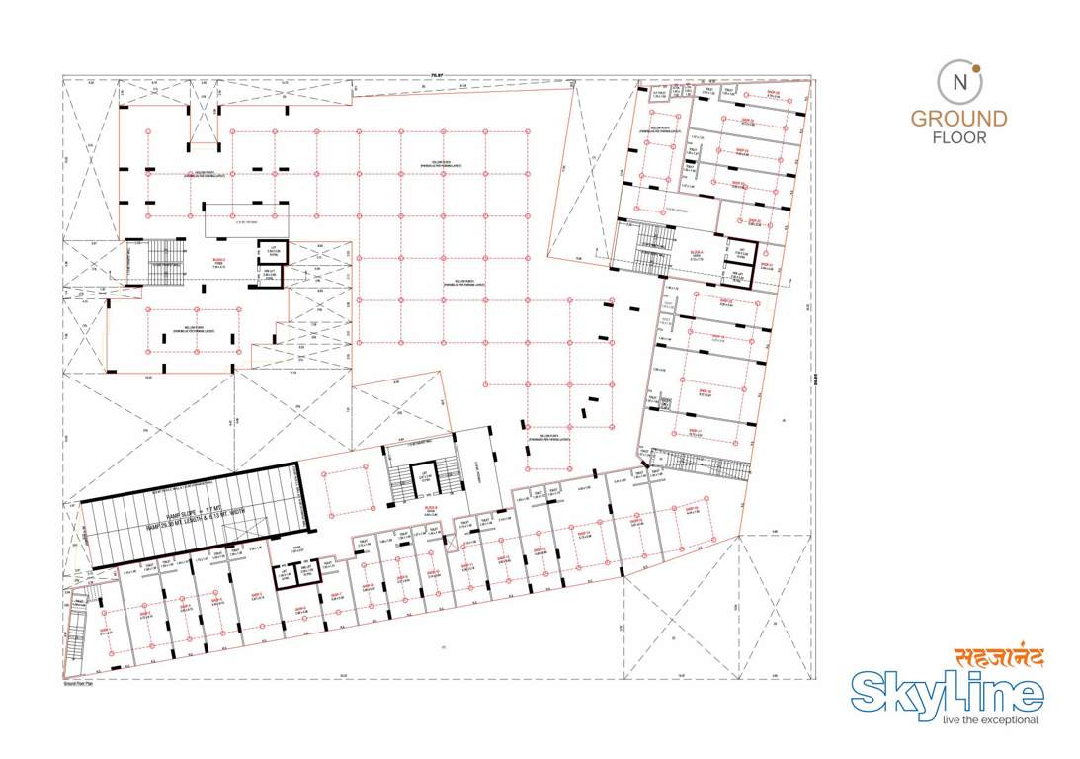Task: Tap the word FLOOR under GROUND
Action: pyautogui.click(x=958, y=138)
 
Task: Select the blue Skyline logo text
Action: pyautogui.click(x=947, y=692)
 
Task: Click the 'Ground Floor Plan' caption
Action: pyautogui.click(x=77, y=683)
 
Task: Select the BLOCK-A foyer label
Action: pyautogui.click(x=696, y=254)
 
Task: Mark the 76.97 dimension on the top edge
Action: pyautogui.click(x=434, y=72)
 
